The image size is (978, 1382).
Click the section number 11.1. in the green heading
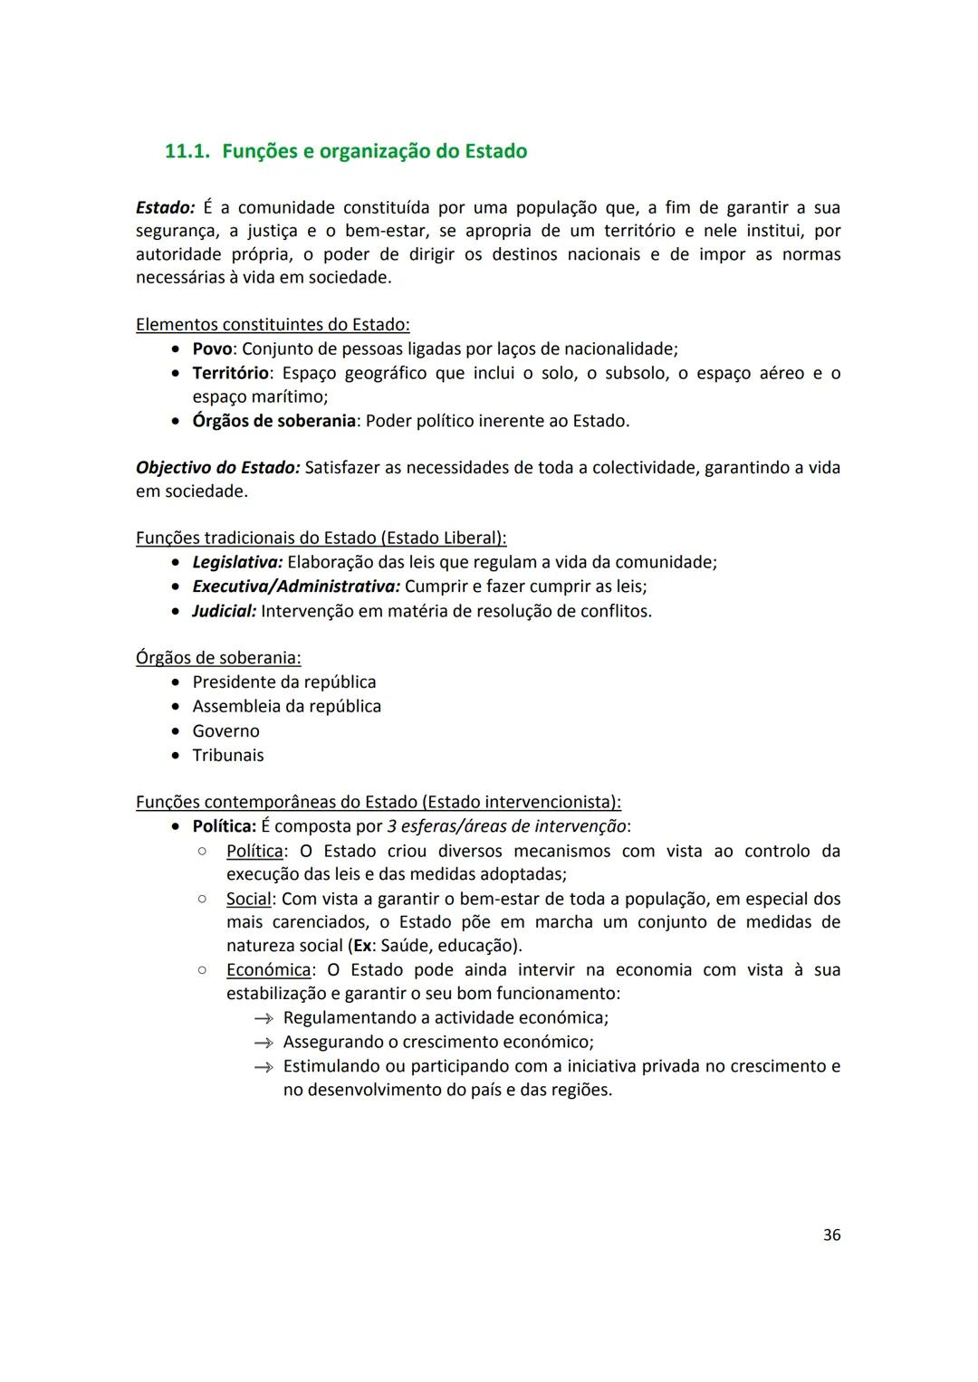188,151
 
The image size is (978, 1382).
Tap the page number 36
831,1234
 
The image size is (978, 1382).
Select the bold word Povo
213,349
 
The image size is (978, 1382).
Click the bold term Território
230,373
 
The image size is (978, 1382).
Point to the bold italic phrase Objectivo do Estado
217,468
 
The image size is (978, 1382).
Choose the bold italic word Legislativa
237,562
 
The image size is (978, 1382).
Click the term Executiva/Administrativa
296,586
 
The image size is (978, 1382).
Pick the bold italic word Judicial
224,611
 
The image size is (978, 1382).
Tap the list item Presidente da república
283,681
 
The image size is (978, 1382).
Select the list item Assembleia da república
286,706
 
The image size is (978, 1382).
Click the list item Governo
225,730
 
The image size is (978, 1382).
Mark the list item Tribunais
228,755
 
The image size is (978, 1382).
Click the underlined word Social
248,899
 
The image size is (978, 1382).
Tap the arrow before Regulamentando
264,1018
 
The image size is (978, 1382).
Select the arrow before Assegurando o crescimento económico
264,1043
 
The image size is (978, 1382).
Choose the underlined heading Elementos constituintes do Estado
273,324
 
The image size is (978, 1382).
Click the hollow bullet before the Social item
202,899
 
